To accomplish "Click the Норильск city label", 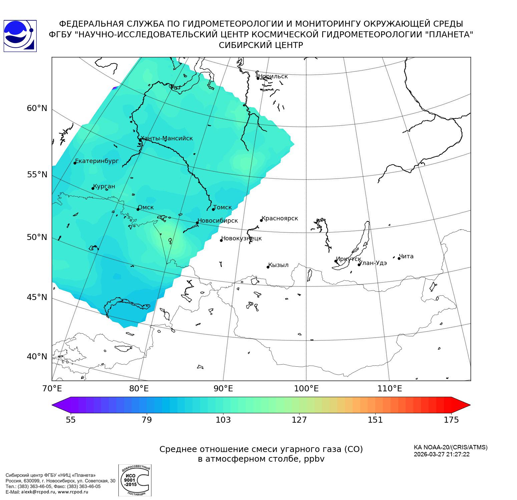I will pyautogui.click(x=273, y=76).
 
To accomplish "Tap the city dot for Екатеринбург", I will pyautogui.click(x=75, y=163).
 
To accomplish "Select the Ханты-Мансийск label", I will pyautogui.click(x=167, y=138).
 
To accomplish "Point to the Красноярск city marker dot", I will pyautogui.click(x=262, y=220).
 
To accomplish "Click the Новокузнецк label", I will pyautogui.click(x=241, y=238).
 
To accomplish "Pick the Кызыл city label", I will pyautogui.click(x=278, y=265).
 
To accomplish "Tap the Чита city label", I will pyautogui.click(x=406, y=256).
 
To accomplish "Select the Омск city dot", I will pyautogui.click(x=138, y=209).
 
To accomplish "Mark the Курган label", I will pyautogui.click(x=104, y=186).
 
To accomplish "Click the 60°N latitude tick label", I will pyautogui.click(x=37, y=108).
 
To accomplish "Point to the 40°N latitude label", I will pyautogui.click(x=37, y=357).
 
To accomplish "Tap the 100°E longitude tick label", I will pyautogui.click(x=306, y=388).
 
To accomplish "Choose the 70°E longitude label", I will pyautogui.click(x=52, y=388).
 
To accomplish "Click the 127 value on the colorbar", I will pyautogui.click(x=299, y=420).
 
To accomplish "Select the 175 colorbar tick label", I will pyautogui.click(x=451, y=420).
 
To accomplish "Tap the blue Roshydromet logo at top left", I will pyautogui.click(x=20, y=36).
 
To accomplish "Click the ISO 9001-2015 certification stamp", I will pyautogui.click(x=135, y=480).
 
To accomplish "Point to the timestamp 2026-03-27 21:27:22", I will pyautogui.click(x=442, y=454).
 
